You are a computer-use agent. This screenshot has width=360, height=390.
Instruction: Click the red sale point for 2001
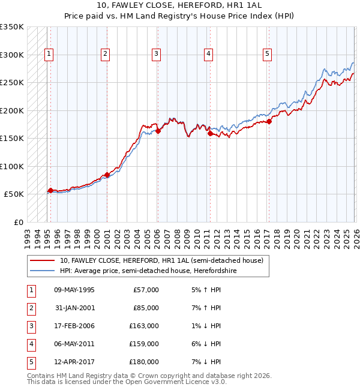point(107,175)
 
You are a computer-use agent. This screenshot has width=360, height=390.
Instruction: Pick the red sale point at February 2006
point(158,131)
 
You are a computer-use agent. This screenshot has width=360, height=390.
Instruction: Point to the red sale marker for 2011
point(210,134)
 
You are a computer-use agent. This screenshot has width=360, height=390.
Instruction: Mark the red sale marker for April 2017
point(269,121)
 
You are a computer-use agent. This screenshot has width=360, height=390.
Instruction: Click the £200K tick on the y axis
point(12,110)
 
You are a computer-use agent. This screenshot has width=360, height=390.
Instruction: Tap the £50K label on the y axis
point(14,194)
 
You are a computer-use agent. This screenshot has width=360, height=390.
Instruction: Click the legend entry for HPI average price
point(148,271)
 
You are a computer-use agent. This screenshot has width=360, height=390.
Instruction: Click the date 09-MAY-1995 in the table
point(74,290)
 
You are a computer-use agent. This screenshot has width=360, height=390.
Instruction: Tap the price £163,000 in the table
point(144,326)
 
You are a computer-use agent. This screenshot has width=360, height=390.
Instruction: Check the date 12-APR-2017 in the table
point(74,362)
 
